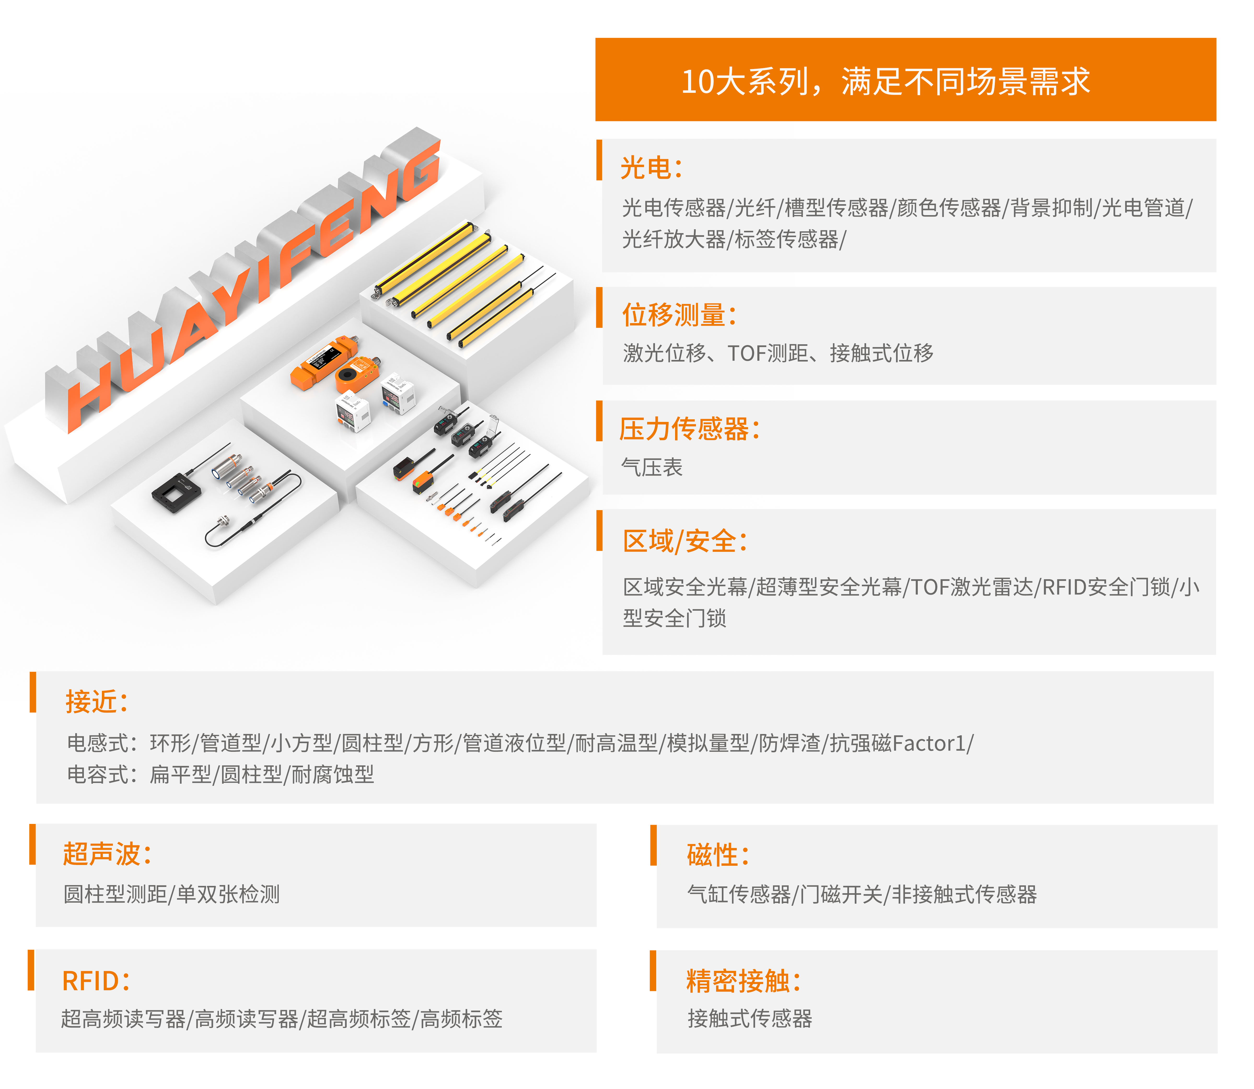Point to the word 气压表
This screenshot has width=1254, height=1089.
pyautogui.click(x=652, y=467)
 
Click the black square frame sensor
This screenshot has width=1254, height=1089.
pyautogui.click(x=176, y=492)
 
